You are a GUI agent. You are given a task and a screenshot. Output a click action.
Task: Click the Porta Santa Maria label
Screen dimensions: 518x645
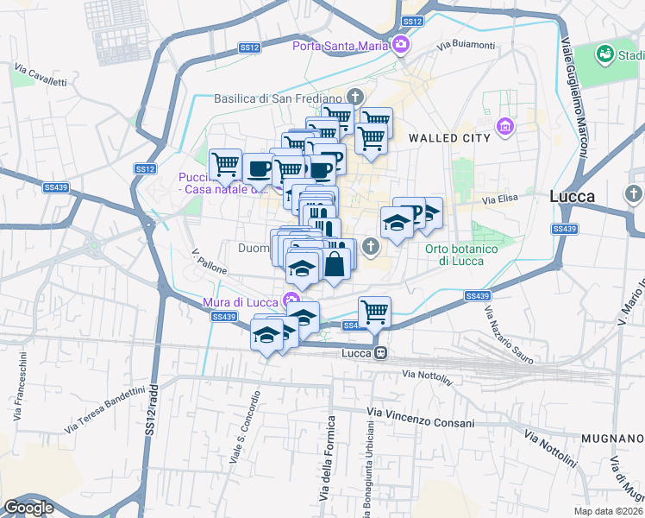(341, 46)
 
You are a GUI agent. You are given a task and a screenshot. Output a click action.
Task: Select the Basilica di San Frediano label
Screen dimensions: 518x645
(279, 98)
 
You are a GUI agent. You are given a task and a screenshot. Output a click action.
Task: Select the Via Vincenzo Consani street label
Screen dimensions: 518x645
(421, 423)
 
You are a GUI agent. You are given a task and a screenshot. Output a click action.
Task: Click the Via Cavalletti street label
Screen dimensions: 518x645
(40, 75)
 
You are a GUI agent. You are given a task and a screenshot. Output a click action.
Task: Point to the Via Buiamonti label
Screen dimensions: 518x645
(466, 45)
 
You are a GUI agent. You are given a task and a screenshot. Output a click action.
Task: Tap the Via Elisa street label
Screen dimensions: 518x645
(500, 199)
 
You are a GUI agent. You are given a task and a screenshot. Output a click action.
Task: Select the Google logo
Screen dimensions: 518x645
(28, 508)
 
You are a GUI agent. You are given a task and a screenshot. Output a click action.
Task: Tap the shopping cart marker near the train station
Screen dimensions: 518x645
(374, 312)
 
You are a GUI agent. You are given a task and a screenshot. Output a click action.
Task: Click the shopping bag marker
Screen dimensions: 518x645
(335, 264)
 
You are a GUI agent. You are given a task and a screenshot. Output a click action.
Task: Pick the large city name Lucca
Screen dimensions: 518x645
(573, 196)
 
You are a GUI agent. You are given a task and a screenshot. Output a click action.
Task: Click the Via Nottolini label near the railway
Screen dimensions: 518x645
(428, 375)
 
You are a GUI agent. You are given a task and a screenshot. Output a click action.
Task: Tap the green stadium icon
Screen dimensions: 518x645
(604, 55)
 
